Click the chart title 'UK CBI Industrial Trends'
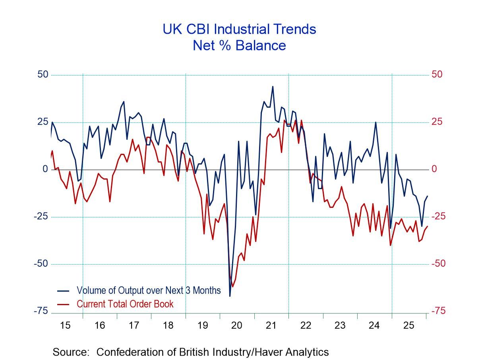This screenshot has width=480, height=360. coord(239,29)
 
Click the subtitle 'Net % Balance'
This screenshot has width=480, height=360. coord(239,45)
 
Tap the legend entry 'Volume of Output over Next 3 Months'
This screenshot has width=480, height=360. coord(148,290)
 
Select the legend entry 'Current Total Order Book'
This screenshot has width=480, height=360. coord(125,304)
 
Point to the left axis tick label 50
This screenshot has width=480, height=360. coord(43,75)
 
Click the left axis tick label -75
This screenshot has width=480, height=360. coord(41,311)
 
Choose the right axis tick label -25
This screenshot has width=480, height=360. coord(439,217)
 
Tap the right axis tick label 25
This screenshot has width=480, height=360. coord(437,122)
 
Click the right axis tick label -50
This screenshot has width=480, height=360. coord(439,264)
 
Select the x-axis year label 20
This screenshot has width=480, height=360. coord(236,325)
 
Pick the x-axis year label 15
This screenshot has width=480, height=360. coord(65,325)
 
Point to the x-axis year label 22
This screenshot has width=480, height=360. coord(305,325)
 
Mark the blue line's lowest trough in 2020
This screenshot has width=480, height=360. coord(230,296)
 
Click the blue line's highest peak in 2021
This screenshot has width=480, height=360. coord(273,86)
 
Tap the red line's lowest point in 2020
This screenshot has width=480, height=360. coord(232,286)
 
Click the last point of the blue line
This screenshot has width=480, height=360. coord(428,196)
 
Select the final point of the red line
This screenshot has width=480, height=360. coord(428,226)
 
